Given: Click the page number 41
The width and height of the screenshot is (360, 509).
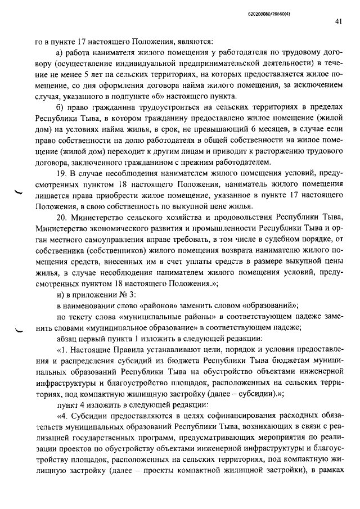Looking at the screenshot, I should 337,22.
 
